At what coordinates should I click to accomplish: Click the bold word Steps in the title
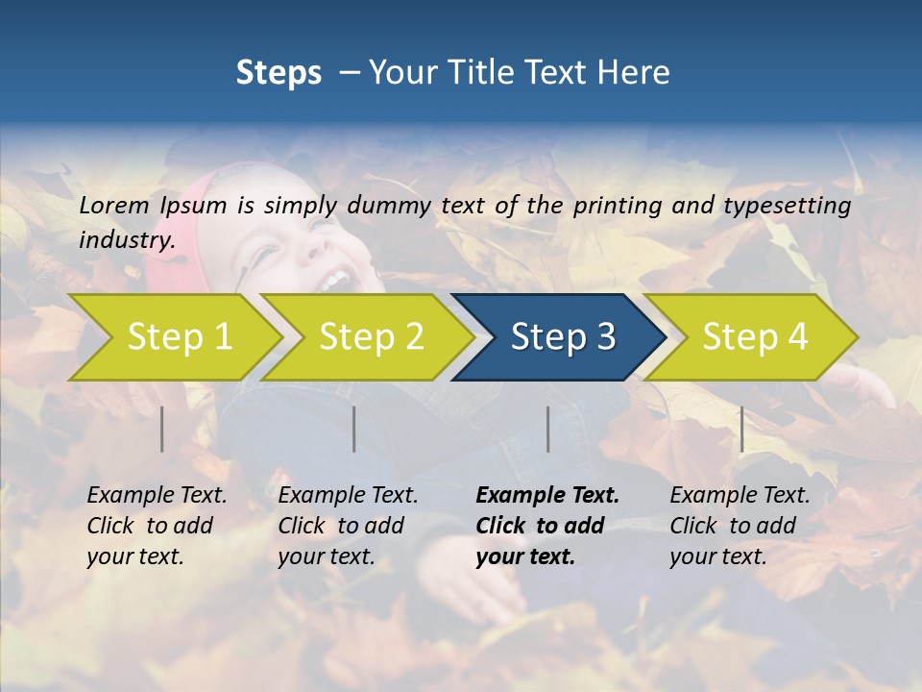tap(279, 73)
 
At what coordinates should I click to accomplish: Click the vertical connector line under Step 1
tap(162, 429)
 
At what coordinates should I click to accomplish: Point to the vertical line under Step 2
tap(354, 429)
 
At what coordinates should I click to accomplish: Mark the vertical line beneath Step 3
tap(548, 429)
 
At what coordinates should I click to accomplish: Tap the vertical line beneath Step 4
tap(741, 429)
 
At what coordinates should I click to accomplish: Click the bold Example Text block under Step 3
tap(546, 526)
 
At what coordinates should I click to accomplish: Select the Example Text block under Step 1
tap(157, 526)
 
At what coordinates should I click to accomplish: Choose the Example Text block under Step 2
tap(348, 526)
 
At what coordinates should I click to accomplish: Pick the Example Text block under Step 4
tap(740, 526)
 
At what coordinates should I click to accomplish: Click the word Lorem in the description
tap(114, 206)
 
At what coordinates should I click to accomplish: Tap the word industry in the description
tap(126, 240)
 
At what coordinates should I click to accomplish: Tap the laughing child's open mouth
tap(333, 281)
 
